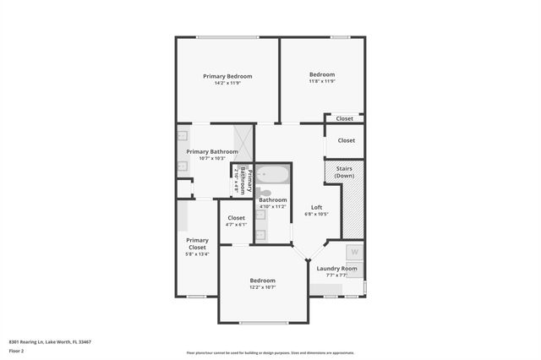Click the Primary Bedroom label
[x=227, y=76]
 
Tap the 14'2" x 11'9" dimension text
[x=227, y=84]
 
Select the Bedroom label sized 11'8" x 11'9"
[x=322, y=74]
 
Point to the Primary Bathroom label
[x=206, y=152]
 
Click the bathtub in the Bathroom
[x=272, y=176]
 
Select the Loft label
[x=316, y=207]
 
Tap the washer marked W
[x=355, y=252]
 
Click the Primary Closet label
[x=196, y=243]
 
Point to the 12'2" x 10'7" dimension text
[x=262, y=287]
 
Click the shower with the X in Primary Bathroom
[x=243, y=143]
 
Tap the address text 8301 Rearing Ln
[x=50, y=342]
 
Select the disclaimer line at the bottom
[x=270, y=352]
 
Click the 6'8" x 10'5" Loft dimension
[x=316, y=214]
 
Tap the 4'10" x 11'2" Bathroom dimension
[x=272, y=206]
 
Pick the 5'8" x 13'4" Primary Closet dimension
[x=196, y=254]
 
